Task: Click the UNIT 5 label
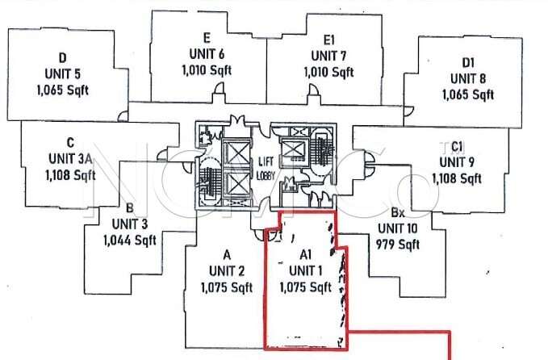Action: coord(62,74)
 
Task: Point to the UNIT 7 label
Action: coord(328,56)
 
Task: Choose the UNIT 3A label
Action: coord(70,158)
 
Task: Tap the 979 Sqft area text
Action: coord(397,245)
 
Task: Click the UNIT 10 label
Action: coord(397,229)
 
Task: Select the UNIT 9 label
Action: coord(457,162)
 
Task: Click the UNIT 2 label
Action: coord(226,270)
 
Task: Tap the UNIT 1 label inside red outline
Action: coord(304,270)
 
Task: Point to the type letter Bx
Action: coord(397,214)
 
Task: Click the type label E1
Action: coord(328,39)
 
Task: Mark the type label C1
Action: coord(457,146)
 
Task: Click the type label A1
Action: coord(304,253)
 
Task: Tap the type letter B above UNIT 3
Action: coord(129,207)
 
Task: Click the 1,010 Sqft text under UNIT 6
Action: coord(207,70)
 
